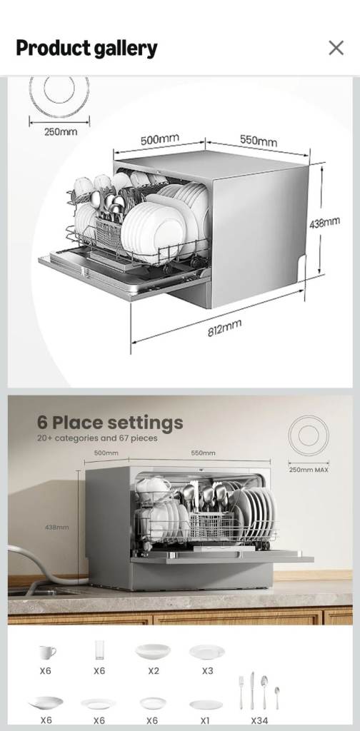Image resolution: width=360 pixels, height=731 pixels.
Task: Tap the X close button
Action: (x=336, y=48)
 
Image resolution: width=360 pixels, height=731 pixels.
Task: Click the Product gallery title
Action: (x=86, y=49)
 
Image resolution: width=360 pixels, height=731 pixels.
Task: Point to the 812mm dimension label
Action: (x=224, y=329)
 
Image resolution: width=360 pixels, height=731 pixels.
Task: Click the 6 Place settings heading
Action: (x=110, y=423)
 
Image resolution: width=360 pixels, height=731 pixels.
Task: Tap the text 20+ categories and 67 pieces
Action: (x=96, y=438)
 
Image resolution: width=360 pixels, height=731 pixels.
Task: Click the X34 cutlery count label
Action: (x=259, y=720)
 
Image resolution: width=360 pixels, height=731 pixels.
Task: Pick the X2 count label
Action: (x=153, y=671)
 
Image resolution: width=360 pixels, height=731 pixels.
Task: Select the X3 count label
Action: (x=206, y=671)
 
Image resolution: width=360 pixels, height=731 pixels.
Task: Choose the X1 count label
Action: (x=206, y=720)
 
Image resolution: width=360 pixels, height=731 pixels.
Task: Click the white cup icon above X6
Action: (x=46, y=652)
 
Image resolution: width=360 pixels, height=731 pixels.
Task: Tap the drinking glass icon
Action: (x=99, y=650)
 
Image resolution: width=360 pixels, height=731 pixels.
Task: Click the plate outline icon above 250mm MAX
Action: (x=309, y=436)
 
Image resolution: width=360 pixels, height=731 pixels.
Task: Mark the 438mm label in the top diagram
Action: (x=324, y=223)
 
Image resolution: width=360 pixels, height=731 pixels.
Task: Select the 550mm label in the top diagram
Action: (x=258, y=141)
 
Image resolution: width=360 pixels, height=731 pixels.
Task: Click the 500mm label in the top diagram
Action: (x=159, y=139)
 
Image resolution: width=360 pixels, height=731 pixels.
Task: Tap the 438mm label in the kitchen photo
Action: (x=57, y=527)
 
